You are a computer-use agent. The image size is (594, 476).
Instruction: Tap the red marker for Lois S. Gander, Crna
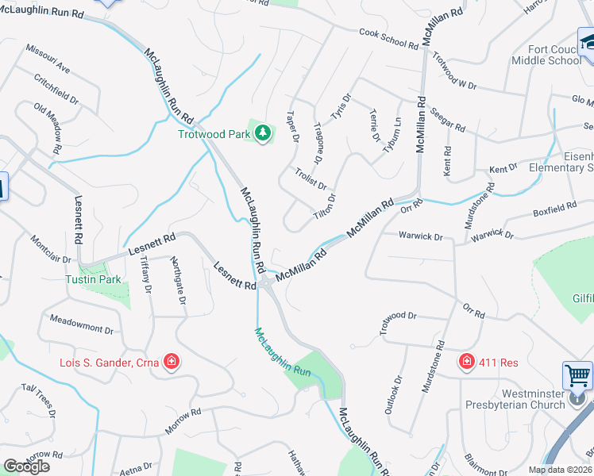[x=171, y=363]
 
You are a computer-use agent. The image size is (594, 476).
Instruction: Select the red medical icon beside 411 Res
[x=466, y=362]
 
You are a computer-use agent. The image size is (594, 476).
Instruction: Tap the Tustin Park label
[x=94, y=279]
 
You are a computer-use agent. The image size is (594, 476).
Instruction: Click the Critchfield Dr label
[x=56, y=89]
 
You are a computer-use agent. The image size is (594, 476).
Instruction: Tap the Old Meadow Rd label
[x=48, y=128]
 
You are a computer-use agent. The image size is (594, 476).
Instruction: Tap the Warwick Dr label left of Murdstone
[x=421, y=236]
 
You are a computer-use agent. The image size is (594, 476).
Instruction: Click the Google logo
[x=26, y=466]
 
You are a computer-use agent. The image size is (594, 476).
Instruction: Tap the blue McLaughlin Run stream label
[x=283, y=350]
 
